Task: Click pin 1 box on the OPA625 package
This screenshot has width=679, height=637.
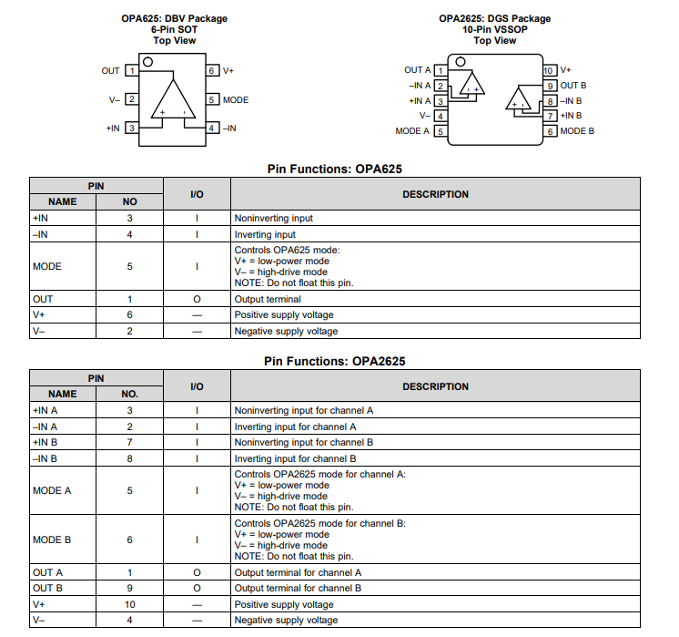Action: (x=131, y=70)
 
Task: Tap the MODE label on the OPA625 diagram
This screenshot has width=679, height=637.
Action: (x=235, y=99)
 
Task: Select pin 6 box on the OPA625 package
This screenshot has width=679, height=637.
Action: (x=211, y=70)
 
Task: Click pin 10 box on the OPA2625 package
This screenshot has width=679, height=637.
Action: (x=549, y=70)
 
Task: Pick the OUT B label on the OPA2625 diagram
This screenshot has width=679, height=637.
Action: (x=573, y=85)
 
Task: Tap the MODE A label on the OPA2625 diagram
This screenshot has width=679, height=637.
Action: (x=412, y=131)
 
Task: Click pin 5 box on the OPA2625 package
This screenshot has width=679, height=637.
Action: (x=441, y=131)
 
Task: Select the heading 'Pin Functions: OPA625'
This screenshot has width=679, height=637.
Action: (x=334, y=169)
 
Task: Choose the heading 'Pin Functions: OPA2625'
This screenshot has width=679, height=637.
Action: (x=334, y=361)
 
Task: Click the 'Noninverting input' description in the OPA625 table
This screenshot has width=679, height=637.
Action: (x=274, y=219)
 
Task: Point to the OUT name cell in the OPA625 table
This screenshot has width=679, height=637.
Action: (x=43, y=299)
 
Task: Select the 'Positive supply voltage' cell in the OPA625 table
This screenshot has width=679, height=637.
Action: (x=286, y=315)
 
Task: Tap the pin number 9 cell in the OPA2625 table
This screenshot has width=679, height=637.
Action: (x=130, y=589)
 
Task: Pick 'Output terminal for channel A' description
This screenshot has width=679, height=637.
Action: (x=299, y=572)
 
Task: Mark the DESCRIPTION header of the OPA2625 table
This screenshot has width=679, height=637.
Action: (x=435, y=386)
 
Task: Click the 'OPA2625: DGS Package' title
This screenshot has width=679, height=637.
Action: (x=494, y=18)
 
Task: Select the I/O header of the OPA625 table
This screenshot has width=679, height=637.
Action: (x=197, y=194)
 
